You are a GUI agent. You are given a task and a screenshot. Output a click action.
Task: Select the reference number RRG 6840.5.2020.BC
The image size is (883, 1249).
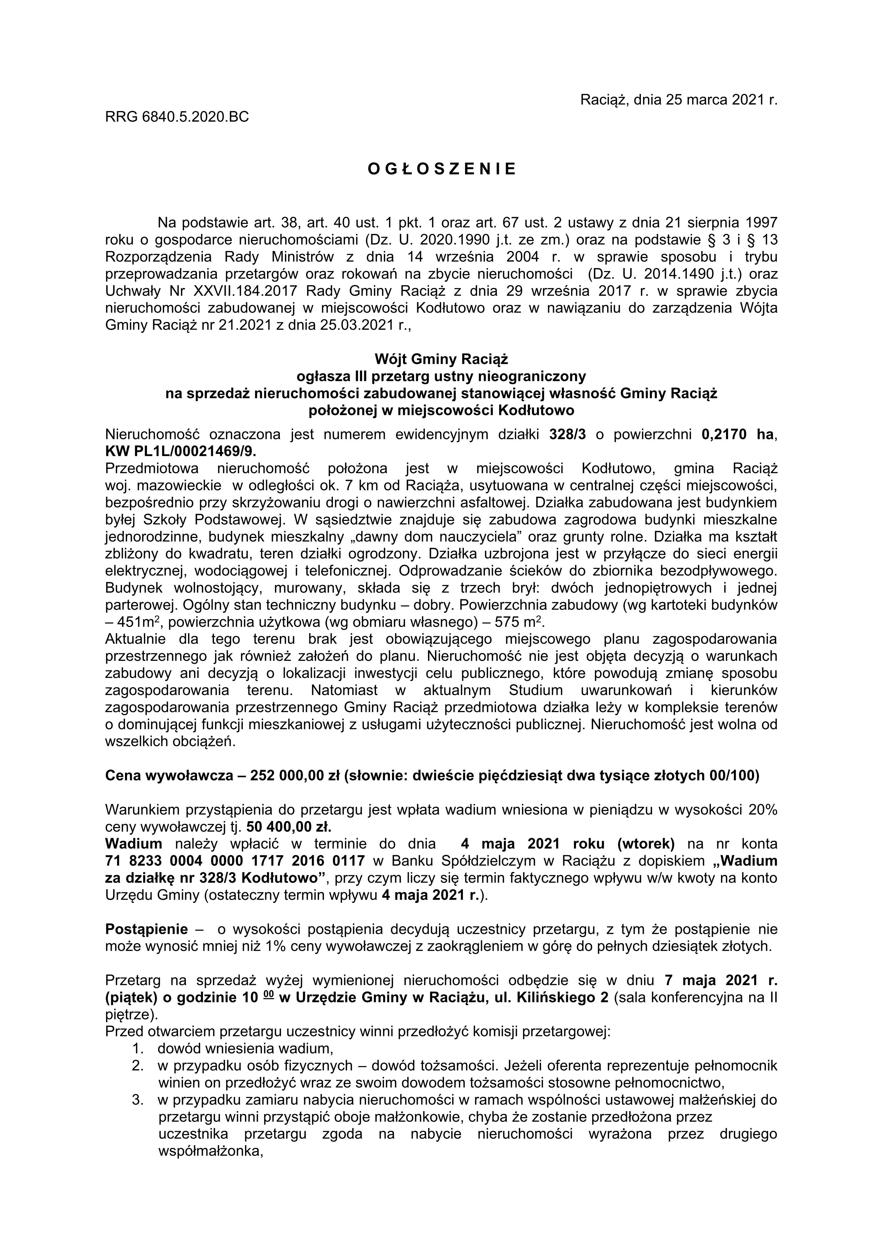[x=177, y=116]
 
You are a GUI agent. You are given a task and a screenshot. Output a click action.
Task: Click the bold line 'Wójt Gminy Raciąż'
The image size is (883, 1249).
[x=441, y=359]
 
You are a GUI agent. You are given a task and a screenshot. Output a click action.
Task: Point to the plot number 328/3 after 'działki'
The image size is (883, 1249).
[x=568, y=435]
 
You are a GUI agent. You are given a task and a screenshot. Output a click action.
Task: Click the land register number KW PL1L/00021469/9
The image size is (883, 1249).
[x=181, y=451]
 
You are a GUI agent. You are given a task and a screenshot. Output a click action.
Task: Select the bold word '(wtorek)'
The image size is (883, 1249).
[x=646, y=844]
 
